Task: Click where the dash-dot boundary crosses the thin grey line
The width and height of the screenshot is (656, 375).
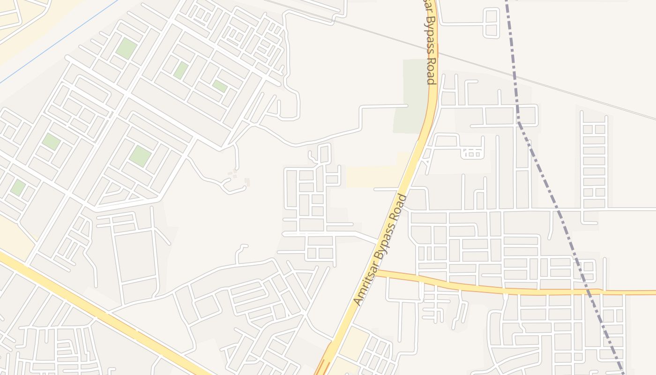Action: (514, 75)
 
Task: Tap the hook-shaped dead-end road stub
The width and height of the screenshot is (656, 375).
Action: (240, 253)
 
